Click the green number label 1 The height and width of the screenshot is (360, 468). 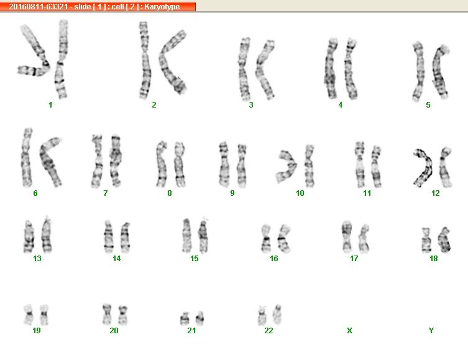click(50, 105)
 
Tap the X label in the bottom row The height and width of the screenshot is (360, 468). click(349, 330)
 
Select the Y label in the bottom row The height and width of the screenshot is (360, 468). click(431, 330)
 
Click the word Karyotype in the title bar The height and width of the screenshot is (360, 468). click(162, 7)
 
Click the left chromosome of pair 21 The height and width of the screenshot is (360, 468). click(185, 319)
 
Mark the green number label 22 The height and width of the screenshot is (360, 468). click(268, 330)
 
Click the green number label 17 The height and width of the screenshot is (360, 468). click(354, 258)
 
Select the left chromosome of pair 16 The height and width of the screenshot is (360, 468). click(265, 239)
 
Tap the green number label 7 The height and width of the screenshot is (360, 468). click(106, 193)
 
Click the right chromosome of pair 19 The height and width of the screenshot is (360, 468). click(44, 315)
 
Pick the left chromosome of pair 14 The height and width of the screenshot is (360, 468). click(109, 237)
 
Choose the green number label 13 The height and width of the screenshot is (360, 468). click(37, 258)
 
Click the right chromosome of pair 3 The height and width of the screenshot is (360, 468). click(264, 69)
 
